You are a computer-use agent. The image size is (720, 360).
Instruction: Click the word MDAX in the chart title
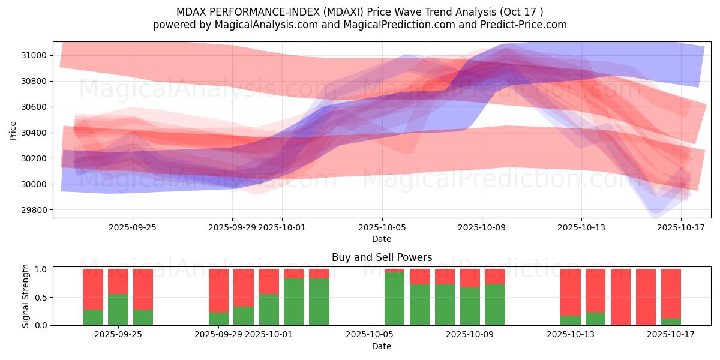(190, 12)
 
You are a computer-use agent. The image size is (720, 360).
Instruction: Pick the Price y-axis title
(13, 130)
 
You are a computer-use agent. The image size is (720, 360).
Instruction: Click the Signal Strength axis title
(26, 296)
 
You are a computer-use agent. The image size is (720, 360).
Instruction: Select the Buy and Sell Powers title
(382, 257)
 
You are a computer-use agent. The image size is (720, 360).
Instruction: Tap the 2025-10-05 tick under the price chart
(382, 227)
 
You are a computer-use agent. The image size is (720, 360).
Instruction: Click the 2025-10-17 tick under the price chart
(681, 227)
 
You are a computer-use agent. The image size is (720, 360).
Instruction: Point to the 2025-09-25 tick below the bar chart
(118, 335)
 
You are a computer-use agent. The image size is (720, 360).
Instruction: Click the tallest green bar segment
(394, 299)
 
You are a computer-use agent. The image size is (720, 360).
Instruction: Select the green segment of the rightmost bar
(671, 322)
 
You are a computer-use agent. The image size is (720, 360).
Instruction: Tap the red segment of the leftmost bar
(93, 289)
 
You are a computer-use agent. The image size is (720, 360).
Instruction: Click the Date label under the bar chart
(382, 346)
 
